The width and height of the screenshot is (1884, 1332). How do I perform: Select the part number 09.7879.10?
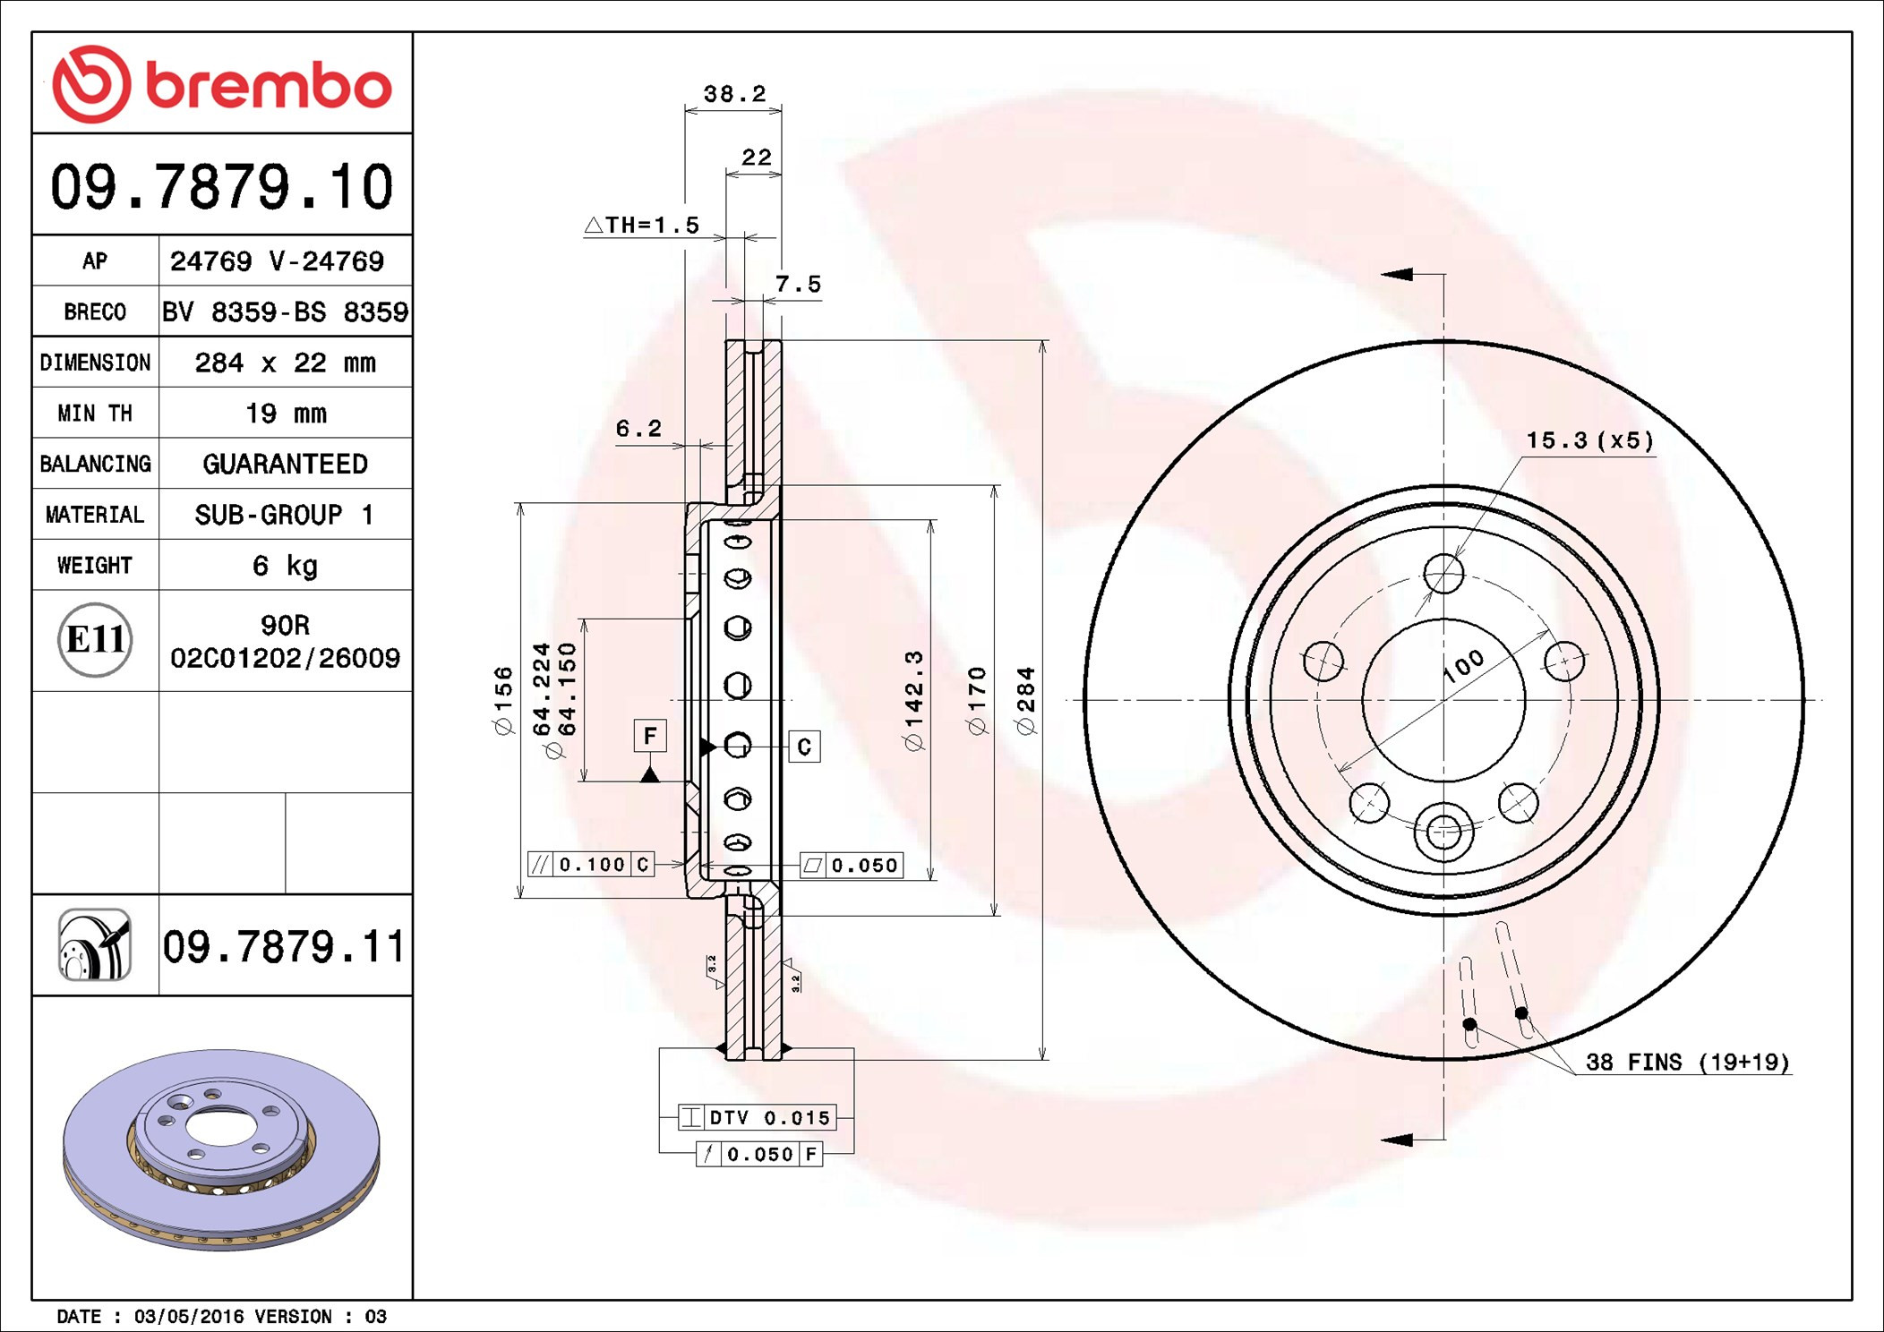pos(221,187)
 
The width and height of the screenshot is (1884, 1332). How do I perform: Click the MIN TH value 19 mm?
pos(286,414)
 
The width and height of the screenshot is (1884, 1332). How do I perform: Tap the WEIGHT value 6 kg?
pos(285,566)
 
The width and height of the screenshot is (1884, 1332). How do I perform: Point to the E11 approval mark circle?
pos(95,640)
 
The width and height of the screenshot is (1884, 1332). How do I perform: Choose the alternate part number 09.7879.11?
pos(284,947)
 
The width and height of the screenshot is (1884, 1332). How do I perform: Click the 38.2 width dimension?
pos(734,94)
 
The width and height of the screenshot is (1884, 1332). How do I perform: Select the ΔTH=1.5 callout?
pos(642,225)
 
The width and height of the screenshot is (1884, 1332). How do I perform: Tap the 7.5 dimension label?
pos(797,285)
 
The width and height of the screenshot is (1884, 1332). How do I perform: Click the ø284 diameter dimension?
pos(1026,701)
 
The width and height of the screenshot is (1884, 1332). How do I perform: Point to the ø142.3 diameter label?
pos(913,701)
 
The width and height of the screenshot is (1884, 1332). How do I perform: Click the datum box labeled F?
pos(650,736)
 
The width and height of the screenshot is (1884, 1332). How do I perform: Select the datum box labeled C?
pos(804,747)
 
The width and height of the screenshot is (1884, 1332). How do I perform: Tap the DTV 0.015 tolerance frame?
pos(758,1117)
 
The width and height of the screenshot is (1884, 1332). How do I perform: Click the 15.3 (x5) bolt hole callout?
pos(1589,440)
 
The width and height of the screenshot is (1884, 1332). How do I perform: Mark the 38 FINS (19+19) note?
pos(1687,1063)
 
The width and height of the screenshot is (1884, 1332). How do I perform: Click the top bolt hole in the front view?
pos(1443,573)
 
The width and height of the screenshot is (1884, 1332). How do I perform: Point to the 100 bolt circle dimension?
pos(1464,666)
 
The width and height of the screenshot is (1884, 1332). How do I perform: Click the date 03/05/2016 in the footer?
pos(188,1317)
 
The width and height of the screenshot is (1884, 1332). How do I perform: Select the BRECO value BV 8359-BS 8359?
pos(285,312)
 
